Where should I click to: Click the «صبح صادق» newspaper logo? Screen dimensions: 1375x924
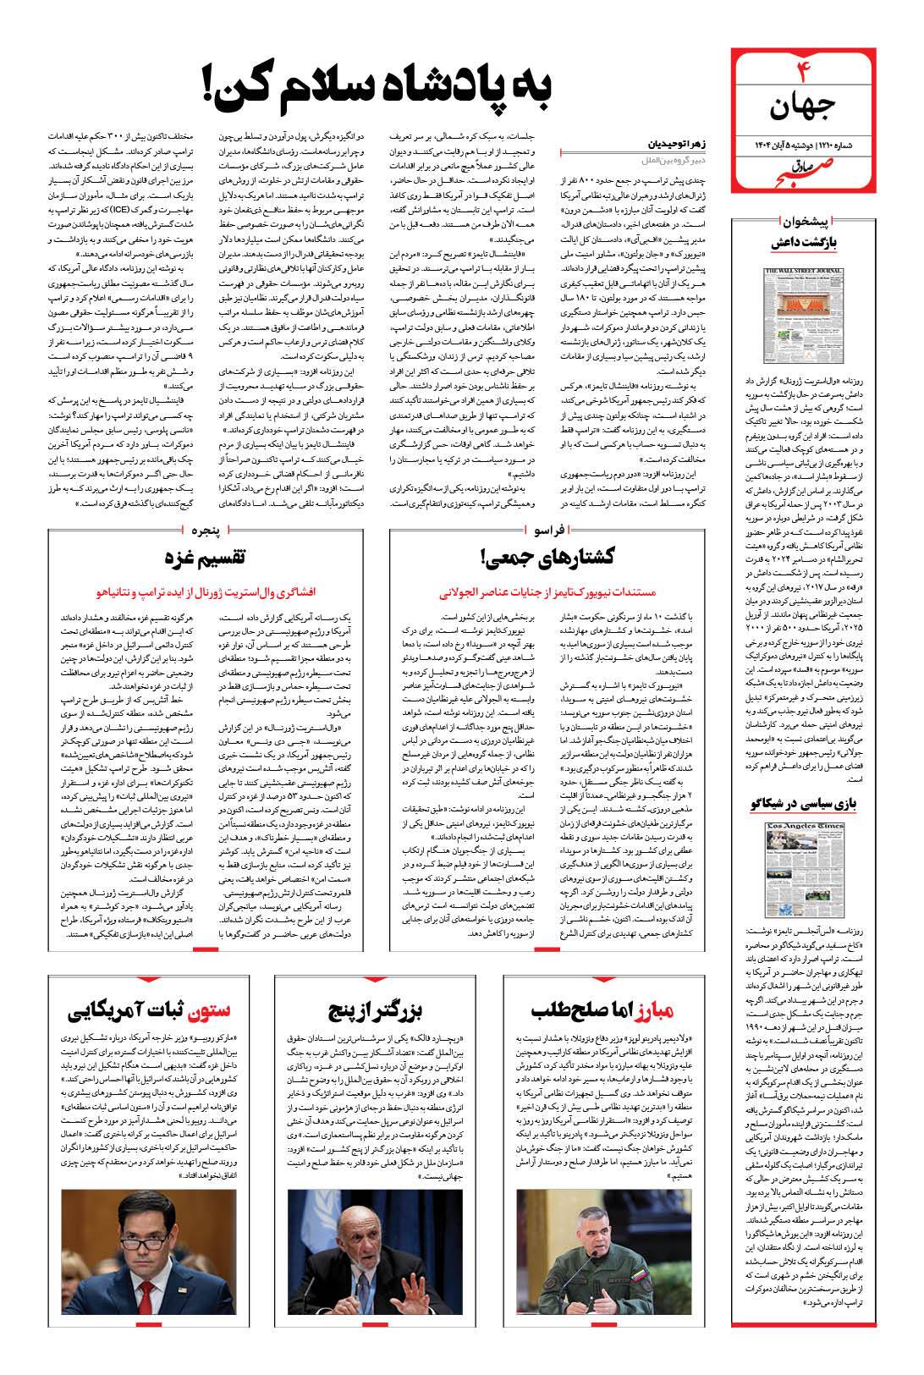[x=801, y=168]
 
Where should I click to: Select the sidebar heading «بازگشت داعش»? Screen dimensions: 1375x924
[x=804, y=244]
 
